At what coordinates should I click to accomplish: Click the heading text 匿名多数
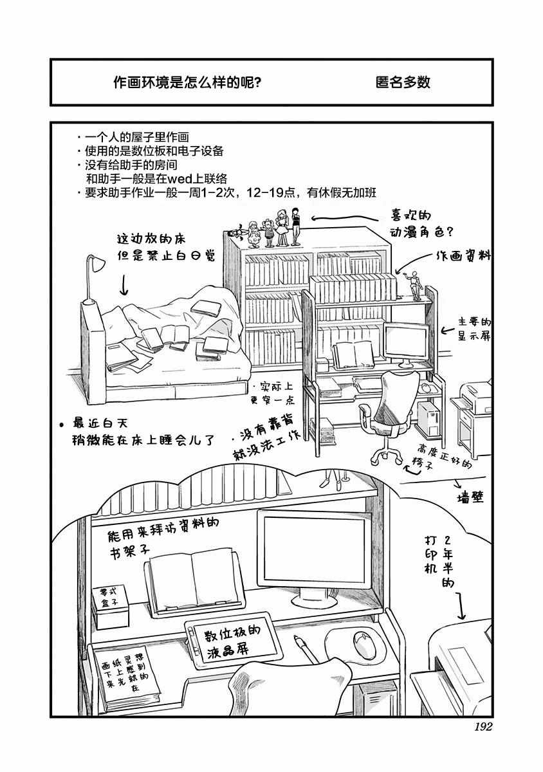(x=402, y=83)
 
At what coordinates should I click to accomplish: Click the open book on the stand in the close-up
(x=191, y=577)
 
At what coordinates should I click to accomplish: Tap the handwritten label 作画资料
(x=463, y=256)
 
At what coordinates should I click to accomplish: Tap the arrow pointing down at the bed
(x=124, y=283)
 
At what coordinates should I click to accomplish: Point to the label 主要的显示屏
(x=475, y=329)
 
